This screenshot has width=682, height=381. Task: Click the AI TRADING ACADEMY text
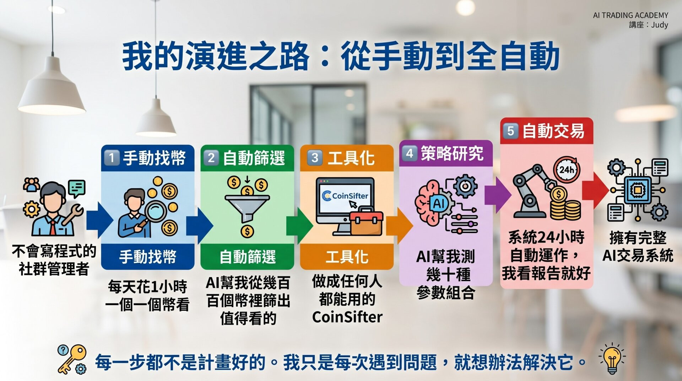pyautogui.click(x=630, y=15)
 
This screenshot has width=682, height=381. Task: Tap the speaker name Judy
pyautogui.click(x=660, y=25)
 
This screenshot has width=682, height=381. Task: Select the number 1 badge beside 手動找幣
pyautogui.click(x=112, y=158)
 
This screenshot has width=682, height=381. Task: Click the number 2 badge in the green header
pyautogui.click(x=211, y=158)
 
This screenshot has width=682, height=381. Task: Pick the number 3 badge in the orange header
pyautogui.click(x=314, y=158)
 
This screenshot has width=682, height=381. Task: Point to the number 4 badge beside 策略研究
pyautogui.click(x=410, y=154)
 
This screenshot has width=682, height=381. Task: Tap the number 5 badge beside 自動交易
pyautogui.click(x=510, y=131)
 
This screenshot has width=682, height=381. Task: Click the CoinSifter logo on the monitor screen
pyautogui.click(x=345, y=195)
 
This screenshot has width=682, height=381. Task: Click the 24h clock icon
pyautogui.click(x=567, y=170)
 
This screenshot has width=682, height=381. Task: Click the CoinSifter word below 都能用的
pyautogui.click(x=347, y=317)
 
